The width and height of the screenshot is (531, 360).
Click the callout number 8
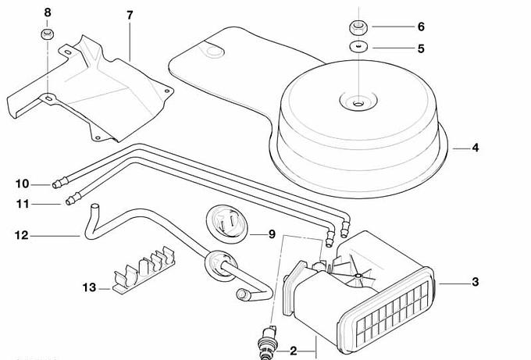point(46,12)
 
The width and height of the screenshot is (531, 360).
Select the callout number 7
point(130,16)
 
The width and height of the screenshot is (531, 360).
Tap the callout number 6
point(421,27)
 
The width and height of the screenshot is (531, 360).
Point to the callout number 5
point(421,48)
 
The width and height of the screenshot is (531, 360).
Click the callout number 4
point(476,148)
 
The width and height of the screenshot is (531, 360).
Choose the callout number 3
point(475,282)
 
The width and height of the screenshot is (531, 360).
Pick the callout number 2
point(294,351)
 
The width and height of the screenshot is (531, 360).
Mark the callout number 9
point(272,234)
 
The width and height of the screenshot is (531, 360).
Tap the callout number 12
point(21,233)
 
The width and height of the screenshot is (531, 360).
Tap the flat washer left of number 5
point(358,48)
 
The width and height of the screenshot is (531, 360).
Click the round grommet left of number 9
point(226,223)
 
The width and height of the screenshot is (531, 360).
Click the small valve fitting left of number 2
point(270,337)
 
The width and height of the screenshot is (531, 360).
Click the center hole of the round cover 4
point(357,102)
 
